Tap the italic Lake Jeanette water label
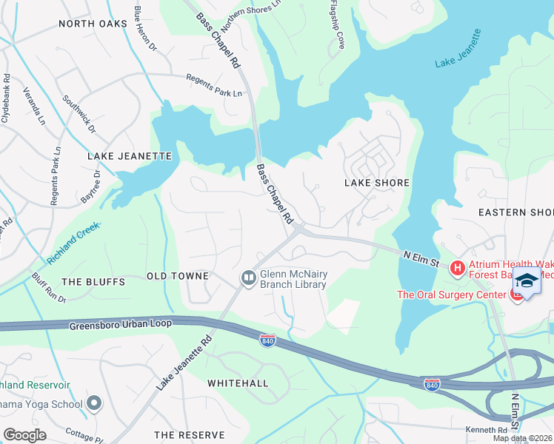(x=458, y=49)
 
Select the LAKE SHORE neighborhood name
(x=377, y=182)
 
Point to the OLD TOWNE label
(x=177, y=276)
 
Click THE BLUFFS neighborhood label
(x=91, y=282)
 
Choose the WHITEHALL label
(x=238, y=383)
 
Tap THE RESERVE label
(x=189, y=434)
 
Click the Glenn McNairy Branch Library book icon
(x=248, y=277)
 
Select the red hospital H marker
(x=457, y=267)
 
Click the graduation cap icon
(x=527, y=281)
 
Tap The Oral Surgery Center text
(x=451, y=295)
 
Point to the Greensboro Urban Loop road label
(x=121, y=324)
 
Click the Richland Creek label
(x=73, y=244)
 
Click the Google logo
(x=25, y=434)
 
